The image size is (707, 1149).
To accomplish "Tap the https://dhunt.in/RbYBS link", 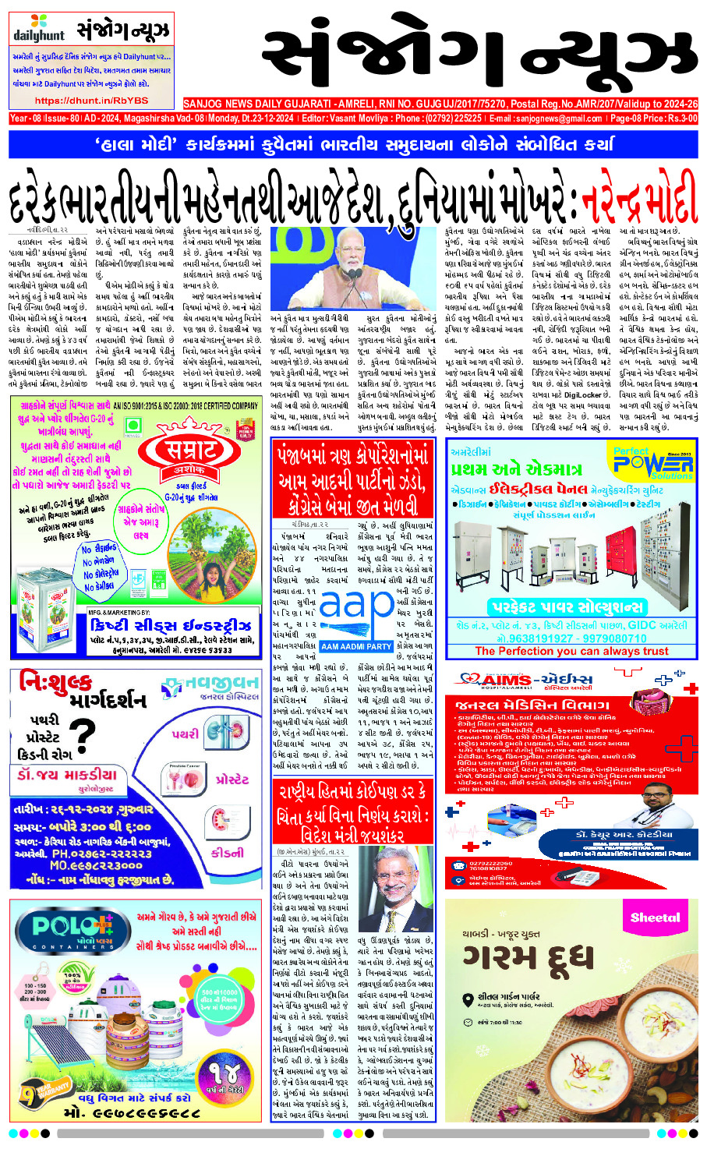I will click(x=91, y=101).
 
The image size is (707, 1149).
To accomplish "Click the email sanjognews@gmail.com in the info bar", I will click(x=546, y=118).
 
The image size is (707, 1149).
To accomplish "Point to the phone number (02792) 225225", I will click(x=455, y=118).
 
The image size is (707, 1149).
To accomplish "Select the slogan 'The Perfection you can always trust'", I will click(x=571, y=651).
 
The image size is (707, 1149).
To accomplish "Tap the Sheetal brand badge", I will click(x=655, y=917).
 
